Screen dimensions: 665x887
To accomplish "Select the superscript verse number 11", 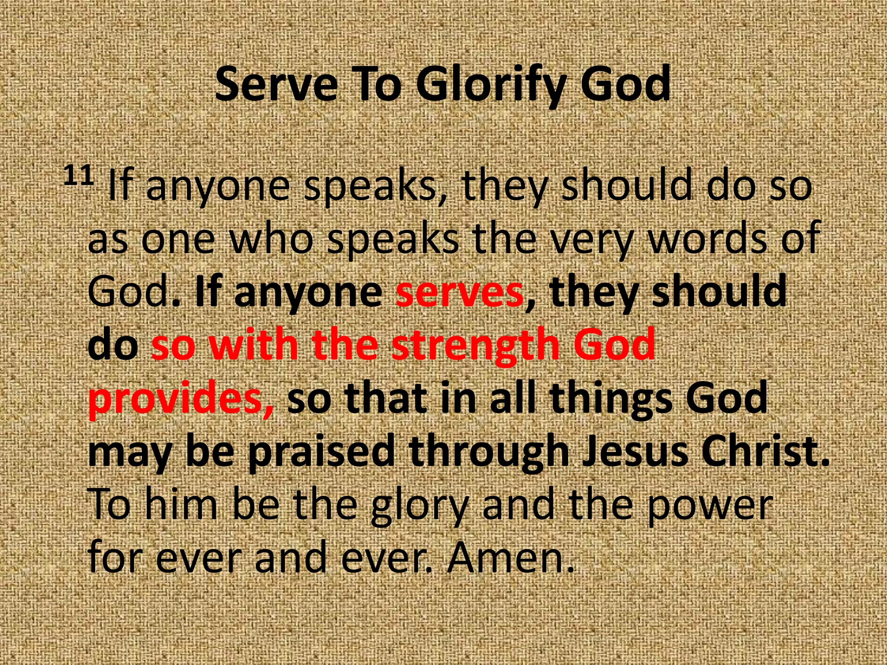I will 79,176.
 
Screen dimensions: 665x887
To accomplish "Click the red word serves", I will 459,292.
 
